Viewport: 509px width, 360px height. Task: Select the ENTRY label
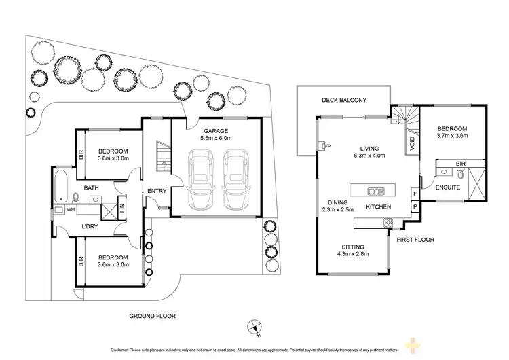point(157,191)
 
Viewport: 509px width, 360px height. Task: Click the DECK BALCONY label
point(344,101)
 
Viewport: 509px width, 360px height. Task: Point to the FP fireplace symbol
point(324,145)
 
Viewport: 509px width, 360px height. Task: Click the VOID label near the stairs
point(411,144)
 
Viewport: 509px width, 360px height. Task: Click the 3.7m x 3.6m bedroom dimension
point(452,136)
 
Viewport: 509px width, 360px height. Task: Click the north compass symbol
point(254,325)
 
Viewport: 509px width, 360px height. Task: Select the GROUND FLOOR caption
point(152,316)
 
